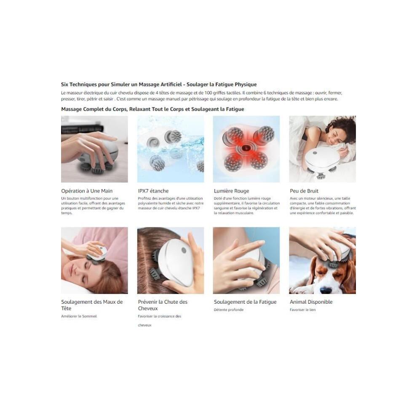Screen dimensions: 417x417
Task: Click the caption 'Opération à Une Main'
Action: coord(87,191)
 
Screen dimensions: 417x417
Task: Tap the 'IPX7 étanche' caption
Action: coord(153,191)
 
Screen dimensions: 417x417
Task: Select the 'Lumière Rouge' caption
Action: coord(231,191)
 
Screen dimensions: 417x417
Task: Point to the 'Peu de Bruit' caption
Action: coord(304,191)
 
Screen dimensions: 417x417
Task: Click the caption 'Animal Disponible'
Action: coord(311,302)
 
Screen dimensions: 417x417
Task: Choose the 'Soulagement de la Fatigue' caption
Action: coord(245,302)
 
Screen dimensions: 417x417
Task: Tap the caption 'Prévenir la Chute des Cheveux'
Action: coord(163,305)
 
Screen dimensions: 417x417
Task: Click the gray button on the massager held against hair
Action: coord(184,250)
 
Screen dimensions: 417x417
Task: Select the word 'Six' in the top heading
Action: coord(64,85)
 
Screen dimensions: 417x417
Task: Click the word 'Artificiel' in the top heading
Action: coord(171,85)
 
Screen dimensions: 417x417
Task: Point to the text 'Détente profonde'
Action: coord(229,310)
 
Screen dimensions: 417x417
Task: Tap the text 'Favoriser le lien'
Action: coord(303,310)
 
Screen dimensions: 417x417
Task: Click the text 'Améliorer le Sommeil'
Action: coord(79,316)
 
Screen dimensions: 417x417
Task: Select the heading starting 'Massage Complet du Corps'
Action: coord(152,109)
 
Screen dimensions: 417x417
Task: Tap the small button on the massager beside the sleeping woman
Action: coord(315,153)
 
